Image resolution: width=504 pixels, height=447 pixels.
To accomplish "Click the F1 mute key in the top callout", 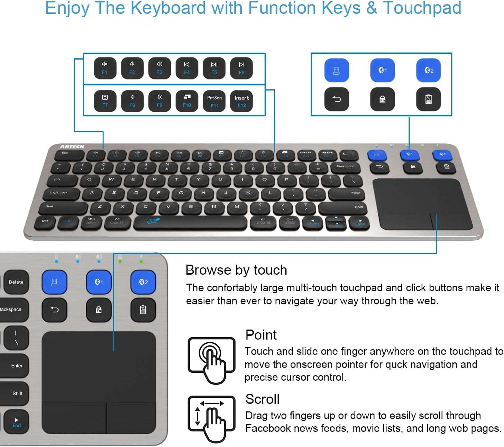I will click(x=104, y=68).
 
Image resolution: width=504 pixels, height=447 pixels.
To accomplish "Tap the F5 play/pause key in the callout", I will click(x=214, y=68).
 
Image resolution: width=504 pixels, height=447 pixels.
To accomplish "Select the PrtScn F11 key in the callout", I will click(x=214, y=101).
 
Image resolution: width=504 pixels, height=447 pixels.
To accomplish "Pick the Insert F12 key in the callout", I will click(x=242, y=101).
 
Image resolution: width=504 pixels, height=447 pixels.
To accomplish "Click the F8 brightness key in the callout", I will click(x=132, y=101).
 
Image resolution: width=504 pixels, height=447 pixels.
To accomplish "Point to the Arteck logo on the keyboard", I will click(x=72, y=147).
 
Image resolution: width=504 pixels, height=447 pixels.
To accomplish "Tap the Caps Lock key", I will click(x=59, y=193).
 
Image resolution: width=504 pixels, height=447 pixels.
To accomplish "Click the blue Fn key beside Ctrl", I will click(x=68, y=221).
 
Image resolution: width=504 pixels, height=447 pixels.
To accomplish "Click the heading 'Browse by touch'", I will click(x=236, y=270).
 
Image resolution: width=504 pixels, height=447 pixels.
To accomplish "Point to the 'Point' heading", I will click(x=261, y=335).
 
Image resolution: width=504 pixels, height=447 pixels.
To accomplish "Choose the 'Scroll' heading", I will click(x=262, y=399).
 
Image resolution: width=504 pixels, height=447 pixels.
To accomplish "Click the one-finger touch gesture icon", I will click(x=211, y=360).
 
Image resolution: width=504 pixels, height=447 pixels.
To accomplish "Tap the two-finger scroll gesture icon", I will click(x=211, y=418).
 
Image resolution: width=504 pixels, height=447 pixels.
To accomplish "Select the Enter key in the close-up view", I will click(x=16, y=366).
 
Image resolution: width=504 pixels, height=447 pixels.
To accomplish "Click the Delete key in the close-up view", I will click(x=16, y=282).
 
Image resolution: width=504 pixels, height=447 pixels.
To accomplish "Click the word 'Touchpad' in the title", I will click(x=422, y=8).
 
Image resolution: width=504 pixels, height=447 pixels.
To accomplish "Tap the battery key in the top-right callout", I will click(x=428, y=99).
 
